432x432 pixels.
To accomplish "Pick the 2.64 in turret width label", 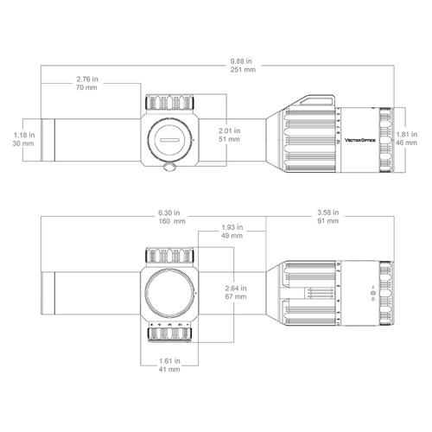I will coord(234,287).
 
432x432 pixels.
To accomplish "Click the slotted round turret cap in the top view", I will coord(169,135).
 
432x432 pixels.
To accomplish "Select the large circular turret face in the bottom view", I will coord(169,290).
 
